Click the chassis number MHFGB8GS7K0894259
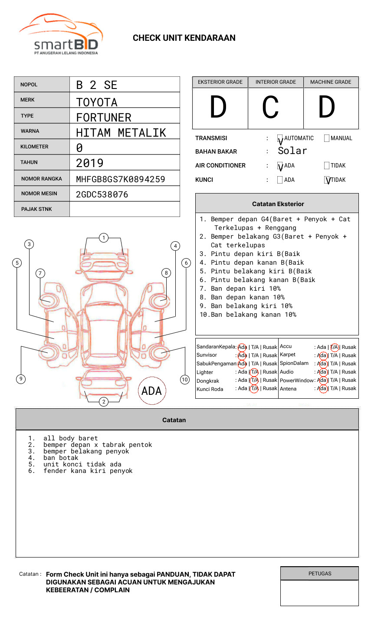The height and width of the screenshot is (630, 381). (121, 179)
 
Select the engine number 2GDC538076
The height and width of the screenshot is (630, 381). (102, 194)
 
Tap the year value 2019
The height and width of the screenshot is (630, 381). (90, 163)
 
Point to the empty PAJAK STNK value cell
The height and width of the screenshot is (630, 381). (125, 209)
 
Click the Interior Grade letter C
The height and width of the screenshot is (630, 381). (270, 107)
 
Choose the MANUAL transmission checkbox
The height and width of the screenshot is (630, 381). (327, 138)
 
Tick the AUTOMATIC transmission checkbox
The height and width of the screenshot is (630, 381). (280, 138)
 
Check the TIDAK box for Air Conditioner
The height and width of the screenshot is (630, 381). (327, 165)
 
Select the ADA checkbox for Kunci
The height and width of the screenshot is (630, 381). (280, 180)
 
